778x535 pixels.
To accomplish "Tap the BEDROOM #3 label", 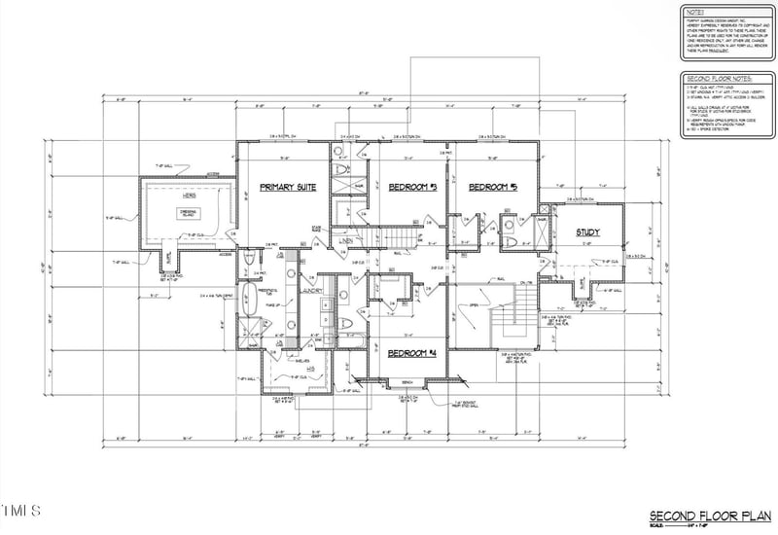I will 411,186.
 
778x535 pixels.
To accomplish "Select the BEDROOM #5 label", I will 490,186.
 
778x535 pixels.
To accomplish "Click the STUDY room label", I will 587,232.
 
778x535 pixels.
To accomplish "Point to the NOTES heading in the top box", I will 694,12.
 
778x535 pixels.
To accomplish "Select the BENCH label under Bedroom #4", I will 408,382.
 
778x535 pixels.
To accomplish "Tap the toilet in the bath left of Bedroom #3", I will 339,171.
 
